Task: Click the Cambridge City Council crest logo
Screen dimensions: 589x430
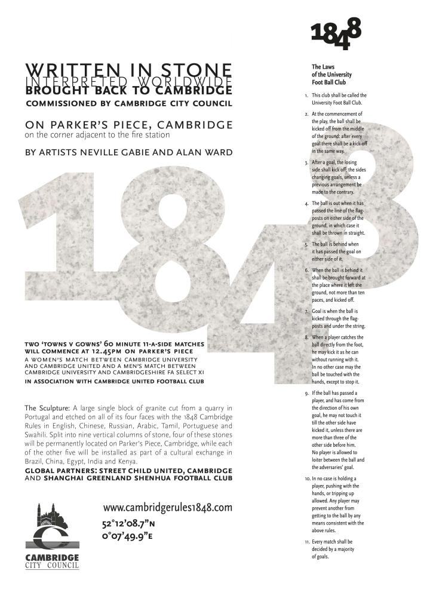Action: coord(51,526)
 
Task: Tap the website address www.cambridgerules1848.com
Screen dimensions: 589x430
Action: coord(167,508)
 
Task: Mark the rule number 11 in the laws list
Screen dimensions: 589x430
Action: coord(306,543)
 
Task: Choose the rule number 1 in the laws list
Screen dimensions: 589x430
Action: coord(306,96)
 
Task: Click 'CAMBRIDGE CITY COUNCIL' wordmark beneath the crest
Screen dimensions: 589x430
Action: coord(52,561)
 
